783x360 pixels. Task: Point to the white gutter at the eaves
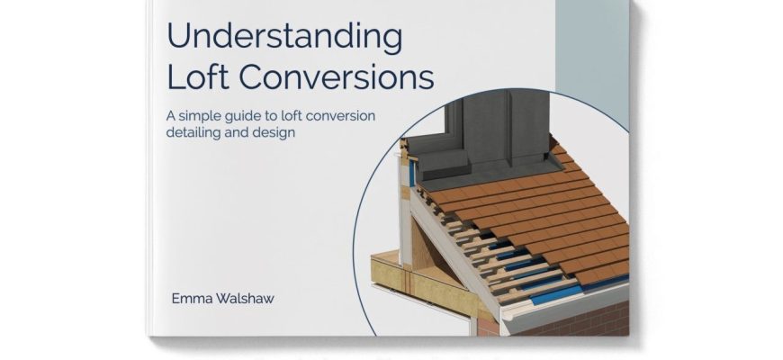[559, 302]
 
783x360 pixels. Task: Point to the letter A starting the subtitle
[171, 116]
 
